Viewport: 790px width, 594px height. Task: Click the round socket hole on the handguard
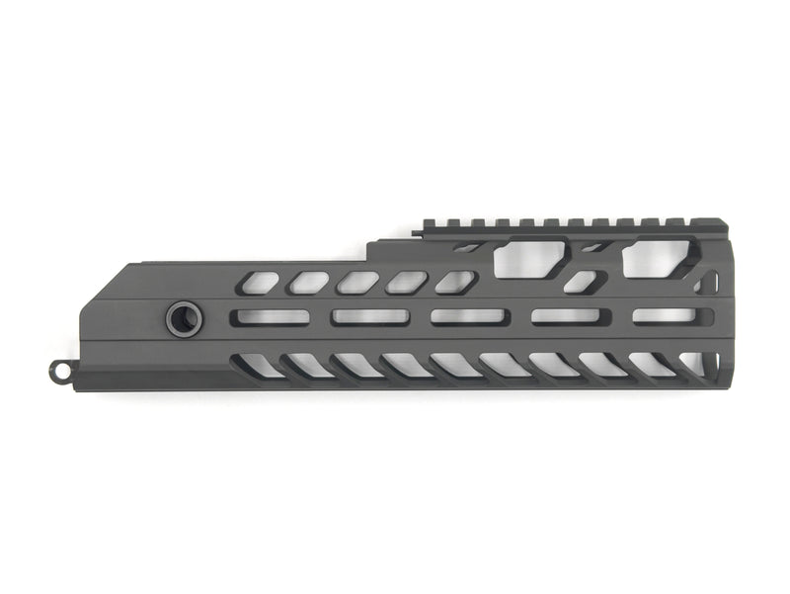184,318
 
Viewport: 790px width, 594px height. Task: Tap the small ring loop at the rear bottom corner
61,370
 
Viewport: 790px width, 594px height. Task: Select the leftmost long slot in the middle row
270,317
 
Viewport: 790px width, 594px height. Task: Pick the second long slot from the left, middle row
370,317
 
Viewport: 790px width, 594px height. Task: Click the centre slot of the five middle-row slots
470,317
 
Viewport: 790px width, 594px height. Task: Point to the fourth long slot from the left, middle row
566,317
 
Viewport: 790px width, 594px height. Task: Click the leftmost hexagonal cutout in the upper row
259,284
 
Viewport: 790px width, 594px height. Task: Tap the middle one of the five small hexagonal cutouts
357,283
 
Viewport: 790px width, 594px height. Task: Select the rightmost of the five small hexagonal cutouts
455,283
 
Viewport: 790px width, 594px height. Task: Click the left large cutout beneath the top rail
528,259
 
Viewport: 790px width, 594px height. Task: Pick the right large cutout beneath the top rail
659,257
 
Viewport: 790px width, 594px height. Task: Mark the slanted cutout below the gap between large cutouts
584,283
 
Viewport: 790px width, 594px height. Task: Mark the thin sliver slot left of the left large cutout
468,248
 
